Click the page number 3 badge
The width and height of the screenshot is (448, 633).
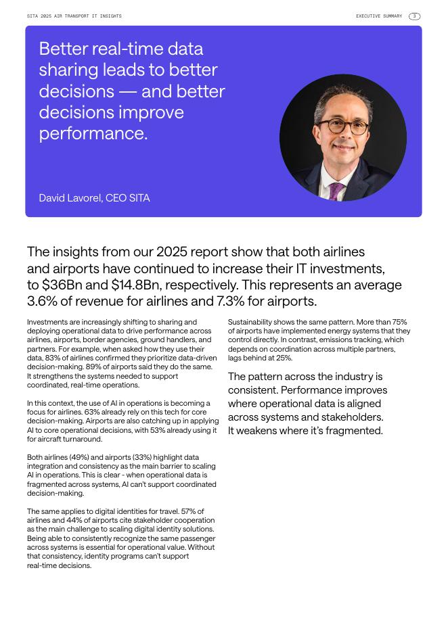[414, 16]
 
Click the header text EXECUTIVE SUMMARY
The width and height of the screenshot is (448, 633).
[379, 16]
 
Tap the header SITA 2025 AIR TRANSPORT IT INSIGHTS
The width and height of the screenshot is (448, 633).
[74, 16]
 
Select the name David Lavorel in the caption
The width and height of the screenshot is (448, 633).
[70, 197]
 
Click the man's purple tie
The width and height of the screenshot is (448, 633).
[336, 191]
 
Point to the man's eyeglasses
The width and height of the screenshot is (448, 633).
[342, 126]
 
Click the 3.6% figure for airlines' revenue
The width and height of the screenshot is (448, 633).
[41, 301]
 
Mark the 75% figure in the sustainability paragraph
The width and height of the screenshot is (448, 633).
[399, 322]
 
